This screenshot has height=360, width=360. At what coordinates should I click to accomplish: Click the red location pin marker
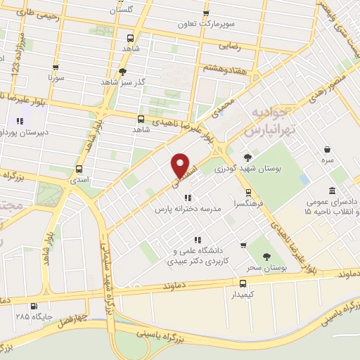click(x=181, y=166)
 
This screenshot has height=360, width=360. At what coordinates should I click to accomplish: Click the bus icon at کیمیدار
click(x=243, y=284)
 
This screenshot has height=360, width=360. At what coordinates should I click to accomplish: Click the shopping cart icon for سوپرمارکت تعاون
click(x=206, y=13)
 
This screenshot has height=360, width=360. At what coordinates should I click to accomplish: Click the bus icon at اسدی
click(x=79, y=169)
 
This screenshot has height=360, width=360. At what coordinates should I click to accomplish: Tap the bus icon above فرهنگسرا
click(x=247, y=191)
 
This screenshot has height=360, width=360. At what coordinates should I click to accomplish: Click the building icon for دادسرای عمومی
click(x=331, y=191)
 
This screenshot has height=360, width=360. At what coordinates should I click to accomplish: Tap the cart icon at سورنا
click(x=55, y=67)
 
